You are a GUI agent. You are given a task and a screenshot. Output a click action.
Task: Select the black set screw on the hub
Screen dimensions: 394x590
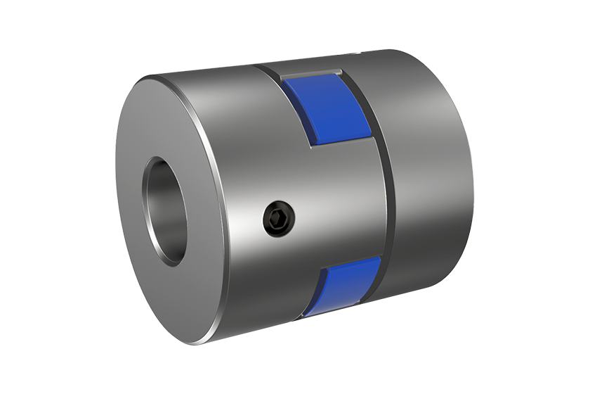coord(279,219)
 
